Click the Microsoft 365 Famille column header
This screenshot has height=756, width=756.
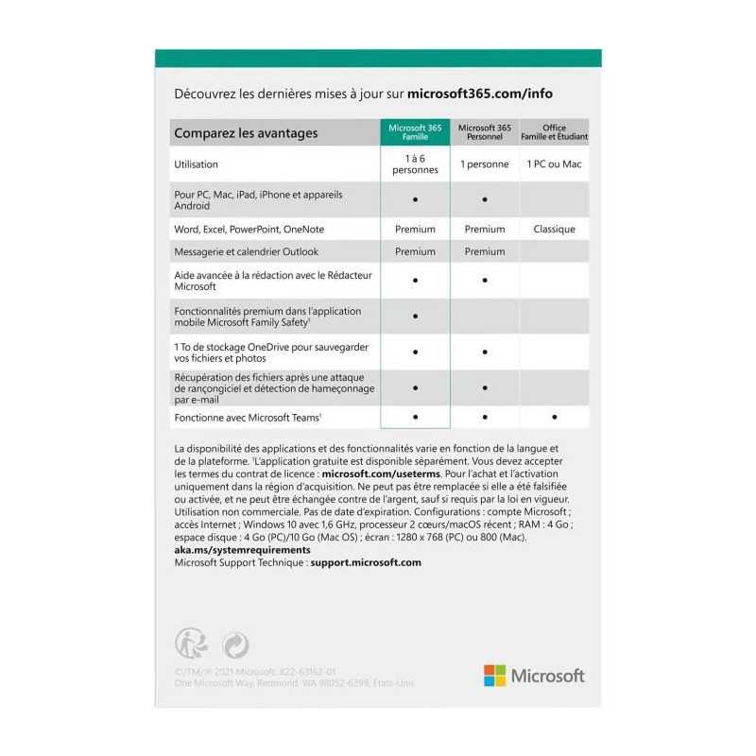coord(415,132)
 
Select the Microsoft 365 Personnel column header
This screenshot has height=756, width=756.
coord(485,132)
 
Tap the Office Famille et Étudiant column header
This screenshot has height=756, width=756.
coord(554,132)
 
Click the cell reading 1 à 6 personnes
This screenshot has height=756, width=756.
coord(415,164)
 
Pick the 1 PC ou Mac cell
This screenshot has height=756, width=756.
coord(554,164)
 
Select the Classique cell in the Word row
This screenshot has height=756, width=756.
coord(554,229)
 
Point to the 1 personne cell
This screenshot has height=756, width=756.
coord(485,164)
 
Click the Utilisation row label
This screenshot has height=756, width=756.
coord(196,164)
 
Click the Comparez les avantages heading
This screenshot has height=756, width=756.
coord(246,133)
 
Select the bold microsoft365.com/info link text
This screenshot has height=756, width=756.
coord(480,94)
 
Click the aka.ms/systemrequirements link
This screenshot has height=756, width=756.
coord(242,549)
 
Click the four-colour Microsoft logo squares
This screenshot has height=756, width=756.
coord(494,676)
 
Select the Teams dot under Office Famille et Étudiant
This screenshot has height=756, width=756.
coord(554,417)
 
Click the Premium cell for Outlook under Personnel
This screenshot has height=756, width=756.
coord(485,251)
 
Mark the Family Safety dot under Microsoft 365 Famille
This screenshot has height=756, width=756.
coord(415,316)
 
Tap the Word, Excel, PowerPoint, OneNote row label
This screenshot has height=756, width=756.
coord(249,229)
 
